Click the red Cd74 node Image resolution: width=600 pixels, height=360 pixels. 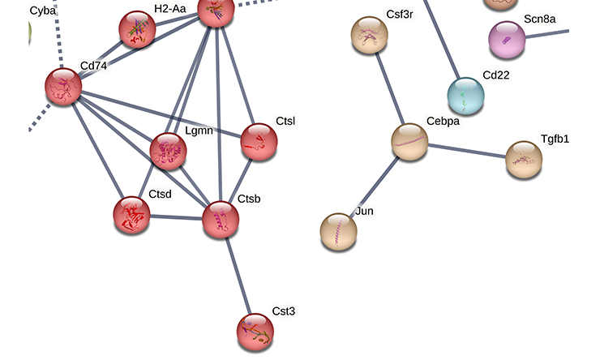click(63, 87)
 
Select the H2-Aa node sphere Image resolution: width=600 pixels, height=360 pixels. click(138, 29)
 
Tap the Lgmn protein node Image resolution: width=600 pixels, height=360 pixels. click(169, 151)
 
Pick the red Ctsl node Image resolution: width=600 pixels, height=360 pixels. click(259, 142)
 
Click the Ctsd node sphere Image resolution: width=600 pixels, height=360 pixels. click(131, 215)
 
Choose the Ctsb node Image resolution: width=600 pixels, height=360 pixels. click(221, 220)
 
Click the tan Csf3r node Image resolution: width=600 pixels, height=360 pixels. click(370, 35)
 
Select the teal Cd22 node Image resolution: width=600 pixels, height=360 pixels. click(466, 96)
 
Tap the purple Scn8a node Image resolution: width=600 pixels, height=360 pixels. click(507, 40)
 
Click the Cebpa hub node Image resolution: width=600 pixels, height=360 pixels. click(410, 142)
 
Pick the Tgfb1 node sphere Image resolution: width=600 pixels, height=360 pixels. click(524, 160)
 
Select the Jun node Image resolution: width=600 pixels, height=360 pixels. click(339, 232)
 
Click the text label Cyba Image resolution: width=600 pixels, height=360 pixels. click(43, 11)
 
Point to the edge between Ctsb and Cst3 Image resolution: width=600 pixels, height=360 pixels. click(238, 276)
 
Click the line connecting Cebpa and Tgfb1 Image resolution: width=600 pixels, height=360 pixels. click(467, 151)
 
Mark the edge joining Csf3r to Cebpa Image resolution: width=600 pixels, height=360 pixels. click(390, 88)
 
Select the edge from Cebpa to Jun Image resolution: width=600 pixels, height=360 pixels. click(375, 186)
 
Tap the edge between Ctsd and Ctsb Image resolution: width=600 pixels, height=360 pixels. click(176, 217)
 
